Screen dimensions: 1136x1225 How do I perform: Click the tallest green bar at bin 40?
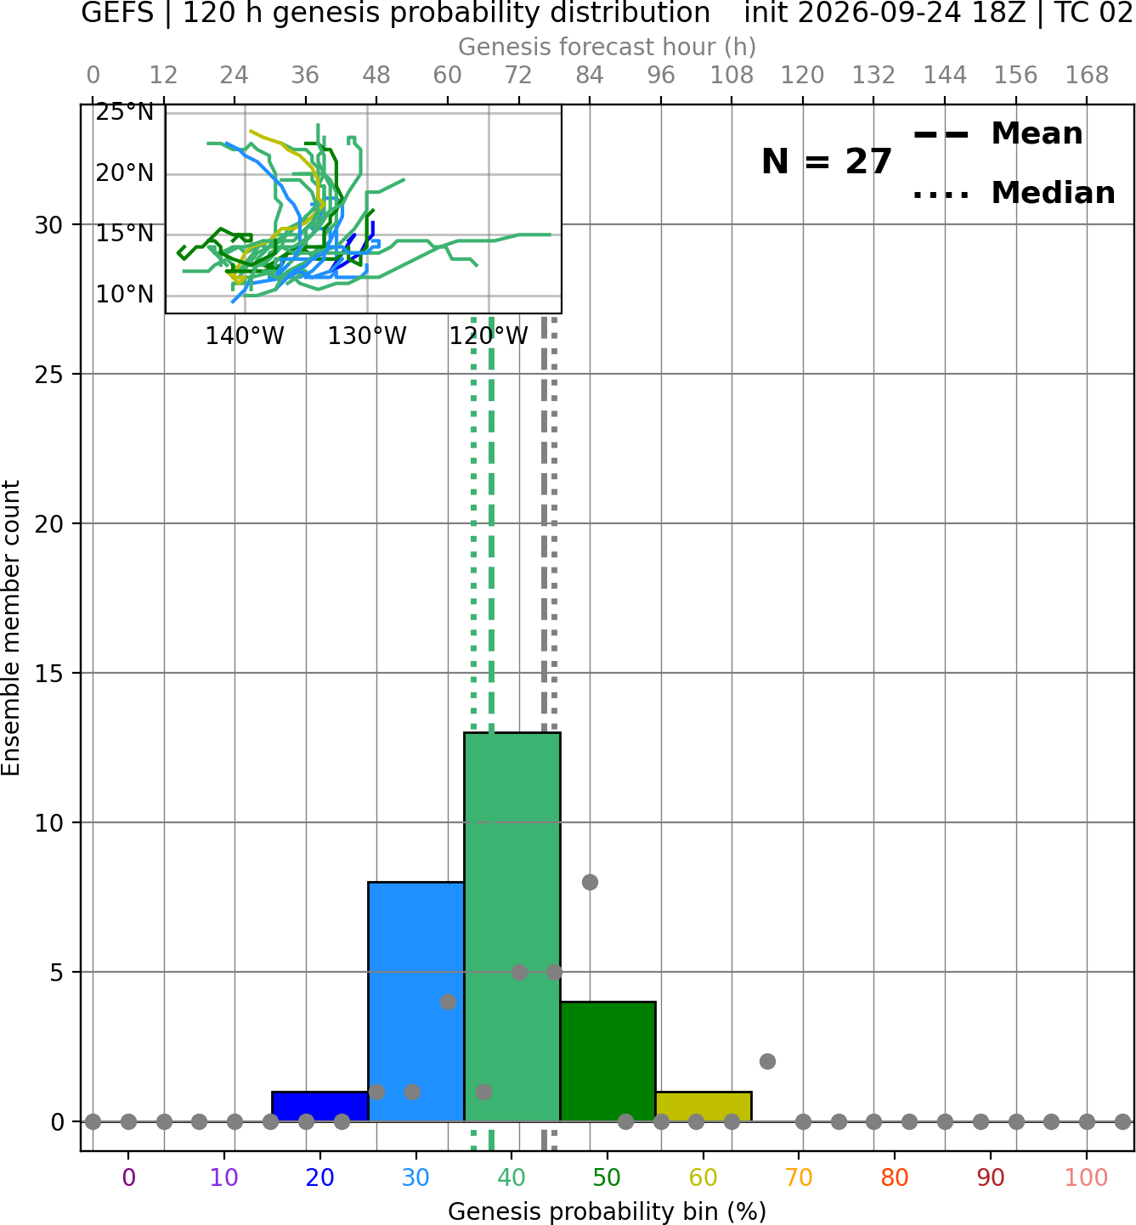click(512, 927)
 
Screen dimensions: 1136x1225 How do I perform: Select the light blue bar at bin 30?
click(415, 1001)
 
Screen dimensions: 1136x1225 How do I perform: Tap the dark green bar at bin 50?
click(608, 1061)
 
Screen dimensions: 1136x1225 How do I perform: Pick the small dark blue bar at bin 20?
click(320, 1106)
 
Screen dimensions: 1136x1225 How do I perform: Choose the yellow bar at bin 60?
click(704, 1106)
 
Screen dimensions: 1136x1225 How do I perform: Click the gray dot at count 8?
click(590, 882)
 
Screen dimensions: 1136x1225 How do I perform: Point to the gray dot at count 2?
click(767, 1062)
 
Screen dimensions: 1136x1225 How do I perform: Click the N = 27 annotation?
click(826, 161)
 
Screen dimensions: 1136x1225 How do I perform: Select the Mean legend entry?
click(998, 134)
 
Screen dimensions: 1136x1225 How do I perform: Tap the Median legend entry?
click(1014, 193)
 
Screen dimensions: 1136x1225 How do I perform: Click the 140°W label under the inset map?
click(245, 336)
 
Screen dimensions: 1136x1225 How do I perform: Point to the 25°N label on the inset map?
click(124, 112)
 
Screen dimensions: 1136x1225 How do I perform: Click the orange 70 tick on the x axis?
click(799, 1177)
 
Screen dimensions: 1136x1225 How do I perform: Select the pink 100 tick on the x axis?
click(1086, 1177)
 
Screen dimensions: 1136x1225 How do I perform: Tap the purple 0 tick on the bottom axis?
click(128, 1177)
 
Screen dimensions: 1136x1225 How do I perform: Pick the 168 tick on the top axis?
click(1087, 76)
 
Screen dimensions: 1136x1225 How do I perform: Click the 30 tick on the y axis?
click(48, 225)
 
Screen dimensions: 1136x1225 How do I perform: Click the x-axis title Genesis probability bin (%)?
click(608, 1211)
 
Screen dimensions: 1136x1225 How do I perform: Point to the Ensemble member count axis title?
click(11, 628)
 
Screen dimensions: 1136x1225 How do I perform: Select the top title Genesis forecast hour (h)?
click(608, 47)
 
